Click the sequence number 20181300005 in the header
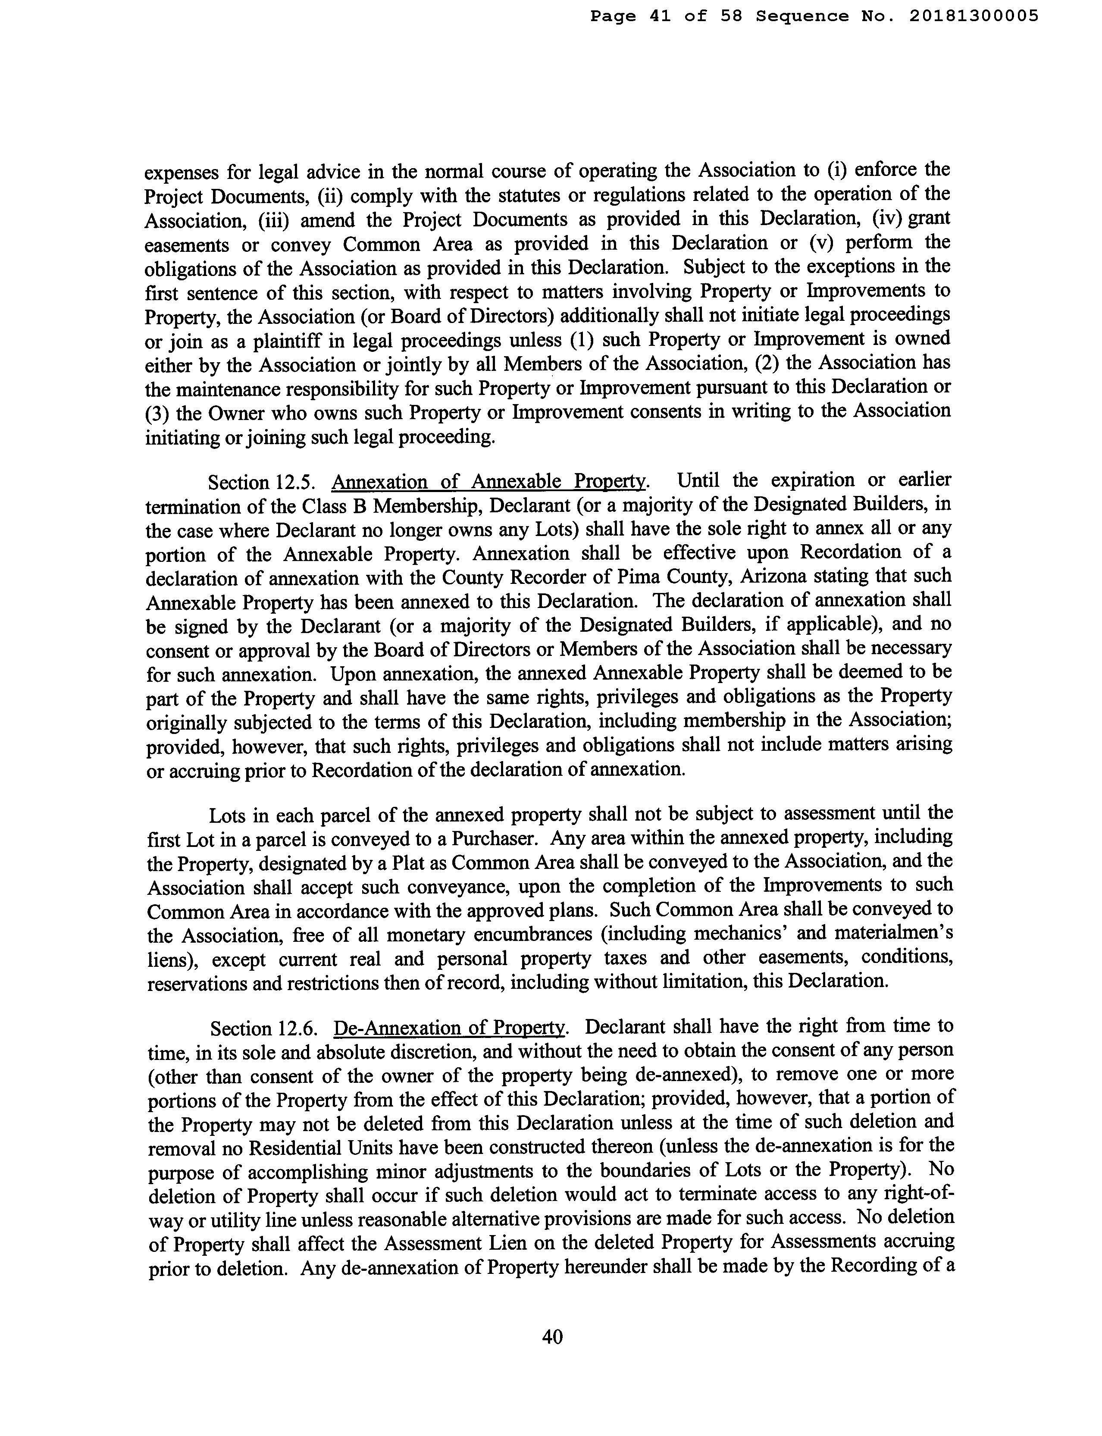click(x=974, y=16)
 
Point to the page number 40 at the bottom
click(x=552, y=1336)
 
